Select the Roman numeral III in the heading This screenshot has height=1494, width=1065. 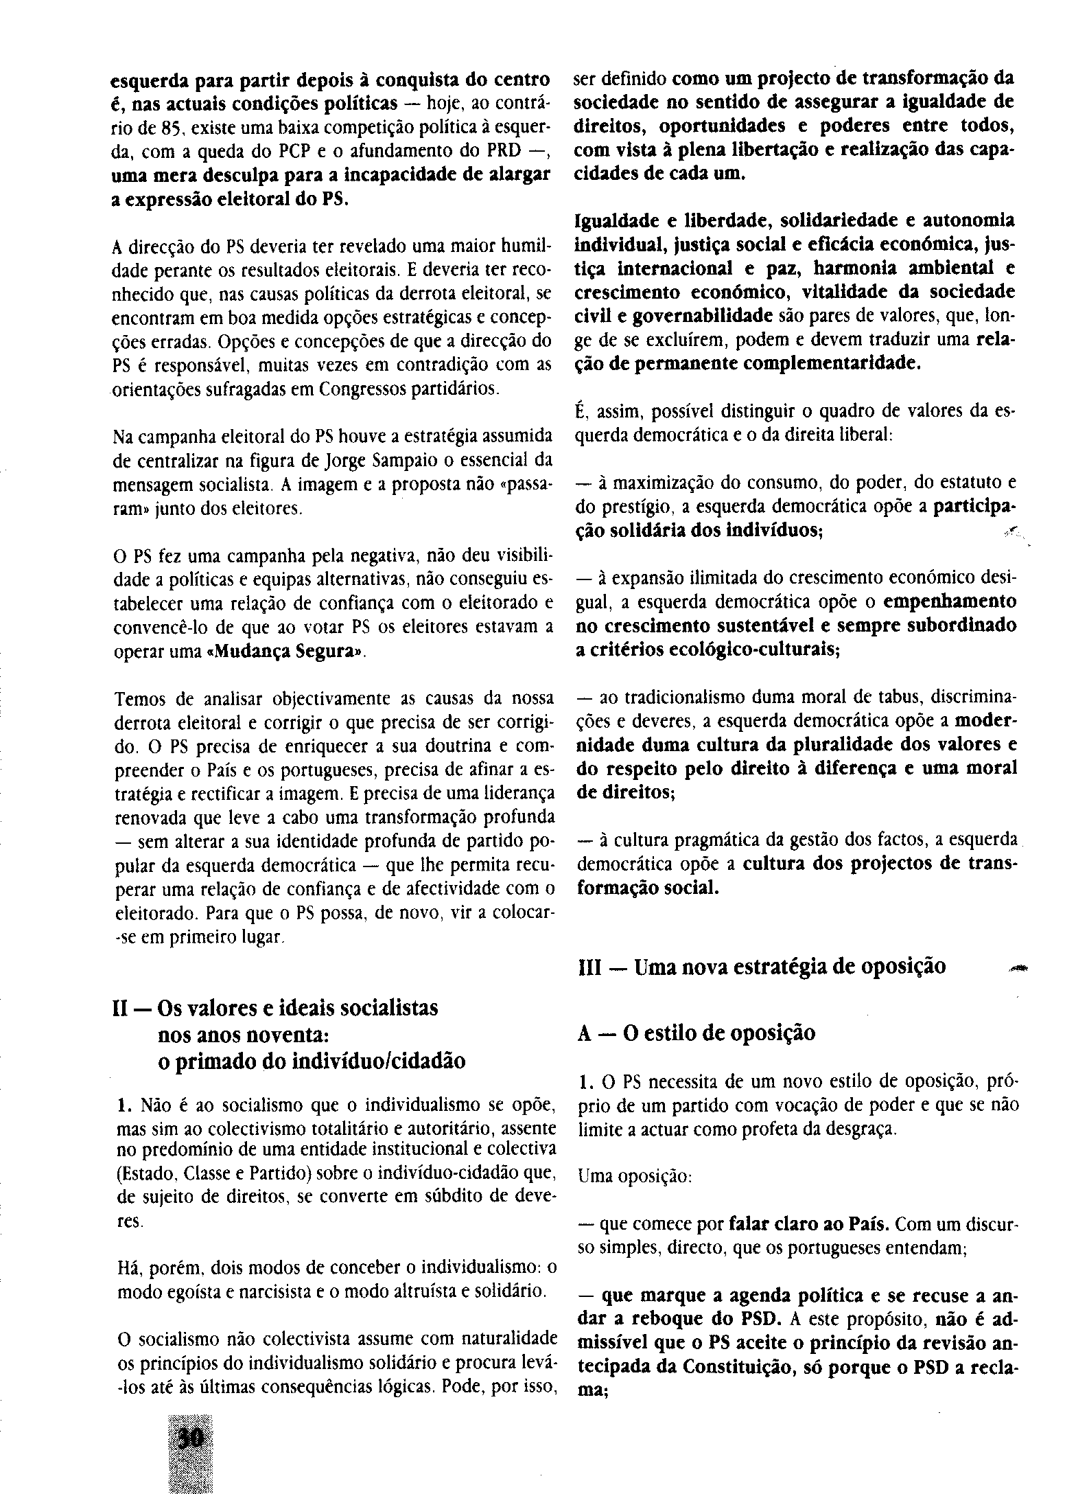tap(589, 967)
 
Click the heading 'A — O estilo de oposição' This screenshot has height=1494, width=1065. tap(695, 1033)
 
